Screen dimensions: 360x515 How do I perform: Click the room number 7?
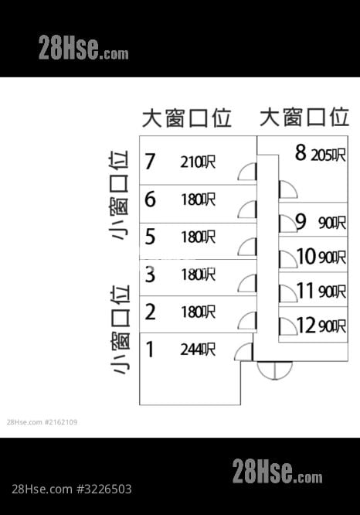150,162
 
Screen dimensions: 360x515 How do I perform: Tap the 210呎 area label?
198,162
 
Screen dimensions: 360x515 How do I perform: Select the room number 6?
150,199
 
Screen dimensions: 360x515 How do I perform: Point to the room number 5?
150,237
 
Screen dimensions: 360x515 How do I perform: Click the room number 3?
150,275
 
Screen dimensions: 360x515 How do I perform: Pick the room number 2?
150,312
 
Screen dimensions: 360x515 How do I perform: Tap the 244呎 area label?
198,350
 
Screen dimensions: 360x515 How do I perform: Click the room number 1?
150,350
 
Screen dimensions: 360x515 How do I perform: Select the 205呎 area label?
328,155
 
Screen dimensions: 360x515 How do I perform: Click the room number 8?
301,152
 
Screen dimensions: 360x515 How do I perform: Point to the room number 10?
306,256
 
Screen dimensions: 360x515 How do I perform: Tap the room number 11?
305,291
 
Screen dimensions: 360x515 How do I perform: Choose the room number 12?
306,326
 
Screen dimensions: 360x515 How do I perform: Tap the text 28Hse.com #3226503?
72,489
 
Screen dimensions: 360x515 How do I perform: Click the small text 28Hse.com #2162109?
42,422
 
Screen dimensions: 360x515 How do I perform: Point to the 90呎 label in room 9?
332,223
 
